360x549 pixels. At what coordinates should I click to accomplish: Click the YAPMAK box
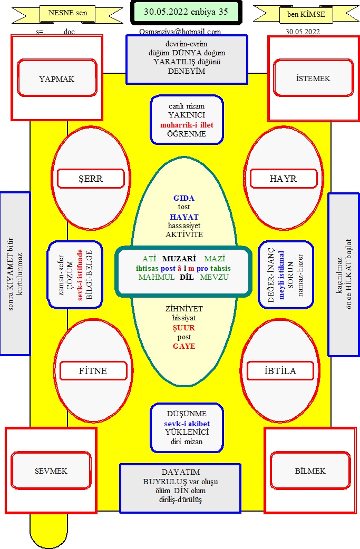pyautogui.click(x=57, y=78)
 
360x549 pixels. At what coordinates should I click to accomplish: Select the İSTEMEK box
pyautogui.click(x=314, y=78)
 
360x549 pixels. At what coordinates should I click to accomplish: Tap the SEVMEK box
pyautogui.click(x=51, y=470)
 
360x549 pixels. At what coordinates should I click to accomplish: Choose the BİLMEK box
pyautogui.click(x=310, y=470)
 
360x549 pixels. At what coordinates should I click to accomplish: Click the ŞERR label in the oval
pyautogui.click(x=91, y=179)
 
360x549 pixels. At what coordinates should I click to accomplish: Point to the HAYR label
pyautogui.click(x=283, y=179)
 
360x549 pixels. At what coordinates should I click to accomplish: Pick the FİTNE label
pyautogui.click(x=93, y=371)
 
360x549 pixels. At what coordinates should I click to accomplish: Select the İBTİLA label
pyautogui.click(x=280, y=371)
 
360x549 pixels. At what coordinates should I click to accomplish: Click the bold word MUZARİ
pyautogui.click(x=179, y=259)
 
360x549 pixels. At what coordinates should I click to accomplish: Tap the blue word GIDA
pyautogui.click(x=184, y=198)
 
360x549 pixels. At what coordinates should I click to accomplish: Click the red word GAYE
pyautogui.click(x=184, y=346)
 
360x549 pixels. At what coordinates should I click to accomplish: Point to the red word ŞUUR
pyautogui.click(x=184, y=328)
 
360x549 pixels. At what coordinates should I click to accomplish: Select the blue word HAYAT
pyautogui.click(x=184, y=217)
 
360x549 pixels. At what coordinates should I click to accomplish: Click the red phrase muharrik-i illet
pyautogui.click(x=187, y=125)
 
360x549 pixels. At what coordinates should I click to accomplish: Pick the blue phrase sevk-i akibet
pyautogui.click(x=187, y=424)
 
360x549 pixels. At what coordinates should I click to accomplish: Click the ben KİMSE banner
pyautogui.click(x=306, y=14)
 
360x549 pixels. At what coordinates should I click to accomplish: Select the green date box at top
pyautogui.click(x=186, y=12)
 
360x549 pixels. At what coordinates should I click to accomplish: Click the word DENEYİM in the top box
pyautogui.click(x=187, y=71)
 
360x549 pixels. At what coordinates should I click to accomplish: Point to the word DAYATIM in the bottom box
pyautogui.click(x=181, y=472)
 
